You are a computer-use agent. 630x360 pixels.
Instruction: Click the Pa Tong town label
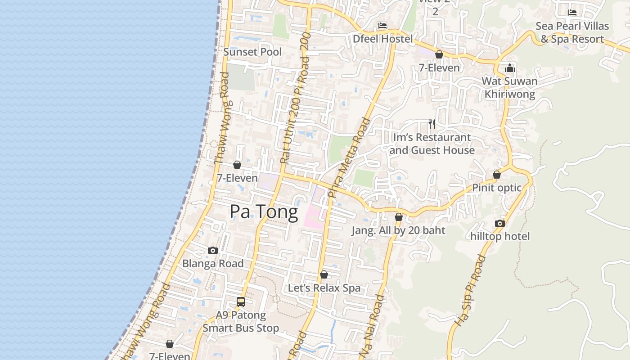(x=264, y=212)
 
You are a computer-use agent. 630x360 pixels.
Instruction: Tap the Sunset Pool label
(x=252, y=52)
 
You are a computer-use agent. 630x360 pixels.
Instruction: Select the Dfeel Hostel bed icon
(x=382, y=26)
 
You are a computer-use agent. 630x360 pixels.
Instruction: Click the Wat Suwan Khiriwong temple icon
(x=510, y=68)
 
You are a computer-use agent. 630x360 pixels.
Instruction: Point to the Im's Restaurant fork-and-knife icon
(x=432, y=124)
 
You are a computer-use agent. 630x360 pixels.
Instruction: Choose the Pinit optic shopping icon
(x=497, y=175)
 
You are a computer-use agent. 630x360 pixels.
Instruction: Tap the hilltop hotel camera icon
(x=499, y=223)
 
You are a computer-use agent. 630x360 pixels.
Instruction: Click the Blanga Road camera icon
(x=213, y=250)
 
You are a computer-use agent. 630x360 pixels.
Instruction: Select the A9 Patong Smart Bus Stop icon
(x=241, y=302)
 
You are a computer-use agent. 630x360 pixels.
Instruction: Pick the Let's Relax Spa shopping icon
(x=324, y=274)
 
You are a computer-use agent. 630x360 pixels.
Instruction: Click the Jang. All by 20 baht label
(x=398, y=230)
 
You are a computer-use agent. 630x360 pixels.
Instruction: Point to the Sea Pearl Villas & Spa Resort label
(x=572, y=32)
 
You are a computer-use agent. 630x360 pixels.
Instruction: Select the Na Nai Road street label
(x=373, y=326)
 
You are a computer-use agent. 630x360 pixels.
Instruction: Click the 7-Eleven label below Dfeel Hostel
(x=439, y=68)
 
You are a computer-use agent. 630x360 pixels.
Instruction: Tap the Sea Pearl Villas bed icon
(x=572, y=12)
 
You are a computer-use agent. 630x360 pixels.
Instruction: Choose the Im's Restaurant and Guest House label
(x=432, y=144)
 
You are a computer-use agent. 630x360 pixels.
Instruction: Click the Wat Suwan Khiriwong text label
(x=510, y=88)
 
